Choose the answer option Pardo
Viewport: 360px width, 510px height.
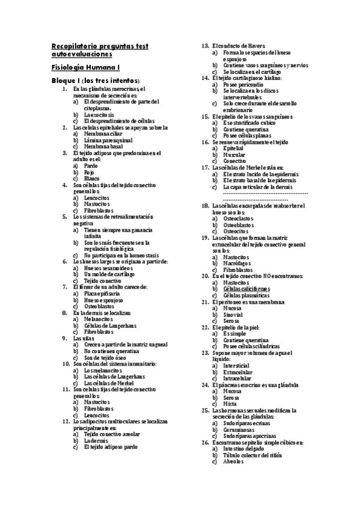pos(91,165)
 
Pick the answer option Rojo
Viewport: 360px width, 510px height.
pos(90,172)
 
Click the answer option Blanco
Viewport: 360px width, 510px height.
pos(92,179)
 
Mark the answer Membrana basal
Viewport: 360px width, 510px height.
pos(103,146)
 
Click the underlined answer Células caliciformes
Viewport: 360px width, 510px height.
pos(246,289)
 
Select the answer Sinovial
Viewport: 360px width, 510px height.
pos(233,314)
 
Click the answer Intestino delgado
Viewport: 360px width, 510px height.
pos(245,448)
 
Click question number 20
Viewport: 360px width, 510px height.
pos(205,275)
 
